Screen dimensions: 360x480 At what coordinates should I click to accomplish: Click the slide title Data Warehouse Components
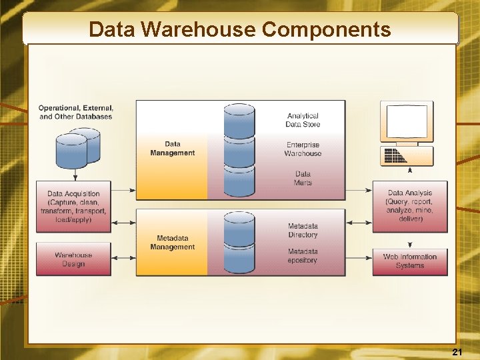click(240, 29)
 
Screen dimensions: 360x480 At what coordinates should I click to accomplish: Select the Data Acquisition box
click(73, 207)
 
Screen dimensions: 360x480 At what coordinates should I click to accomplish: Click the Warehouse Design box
click(73, 259)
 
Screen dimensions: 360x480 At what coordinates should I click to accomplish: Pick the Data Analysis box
click(410, 206)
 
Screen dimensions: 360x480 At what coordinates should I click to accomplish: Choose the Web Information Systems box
click(410, 261)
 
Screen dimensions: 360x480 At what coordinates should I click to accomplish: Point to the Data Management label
click(173, 148)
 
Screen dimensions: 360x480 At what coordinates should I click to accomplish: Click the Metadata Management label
click(173, 242)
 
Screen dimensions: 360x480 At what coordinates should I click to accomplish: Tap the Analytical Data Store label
click(303, 120)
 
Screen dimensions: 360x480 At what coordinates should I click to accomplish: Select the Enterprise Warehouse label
click(303, 149)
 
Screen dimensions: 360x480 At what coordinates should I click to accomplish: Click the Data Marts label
click(303, 178)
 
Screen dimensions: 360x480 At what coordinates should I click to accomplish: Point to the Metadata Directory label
click(303, 230)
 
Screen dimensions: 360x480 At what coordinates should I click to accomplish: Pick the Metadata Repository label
click(303, 255)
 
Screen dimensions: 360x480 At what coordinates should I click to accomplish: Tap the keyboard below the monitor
click(407, 156)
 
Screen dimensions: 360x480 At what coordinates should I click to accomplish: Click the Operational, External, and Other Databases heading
click(76, 112)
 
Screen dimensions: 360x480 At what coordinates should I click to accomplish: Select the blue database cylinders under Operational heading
click(77, 148)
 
